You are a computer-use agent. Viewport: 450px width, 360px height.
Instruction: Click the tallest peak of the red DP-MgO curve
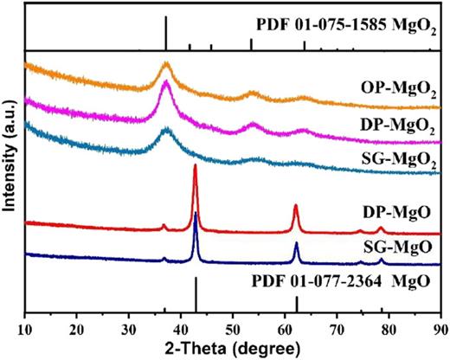(196, 165)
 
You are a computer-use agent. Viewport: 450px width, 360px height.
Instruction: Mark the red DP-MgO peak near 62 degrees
(296, 206)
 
